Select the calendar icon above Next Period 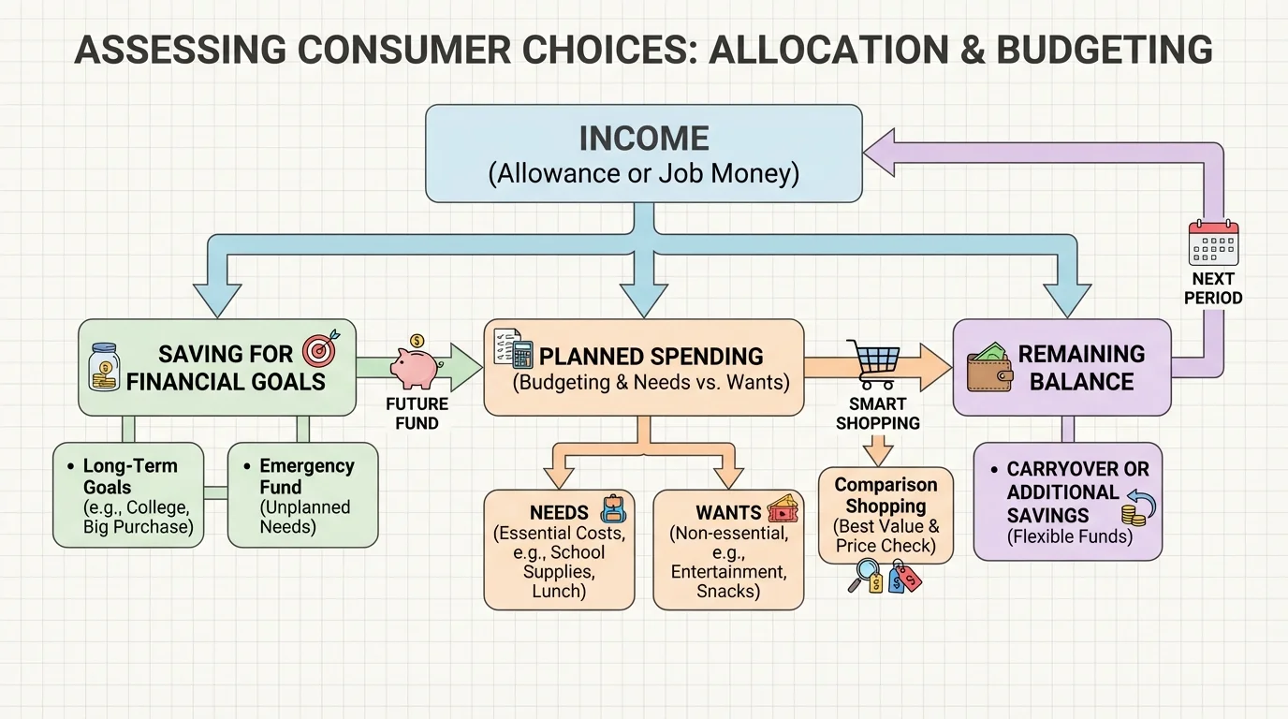coord(1213,243)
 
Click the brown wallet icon coord(989,368)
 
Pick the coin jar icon coord(103,366)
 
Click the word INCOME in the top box coord(643,139)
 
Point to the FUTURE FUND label coord(417,413)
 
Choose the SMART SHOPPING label coord(877,413)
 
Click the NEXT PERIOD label coord(1213,288)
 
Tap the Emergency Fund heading coord(306,477)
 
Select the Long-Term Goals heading coord(129,477)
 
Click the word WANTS coord(727,513)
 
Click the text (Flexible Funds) coord(1069,537)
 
